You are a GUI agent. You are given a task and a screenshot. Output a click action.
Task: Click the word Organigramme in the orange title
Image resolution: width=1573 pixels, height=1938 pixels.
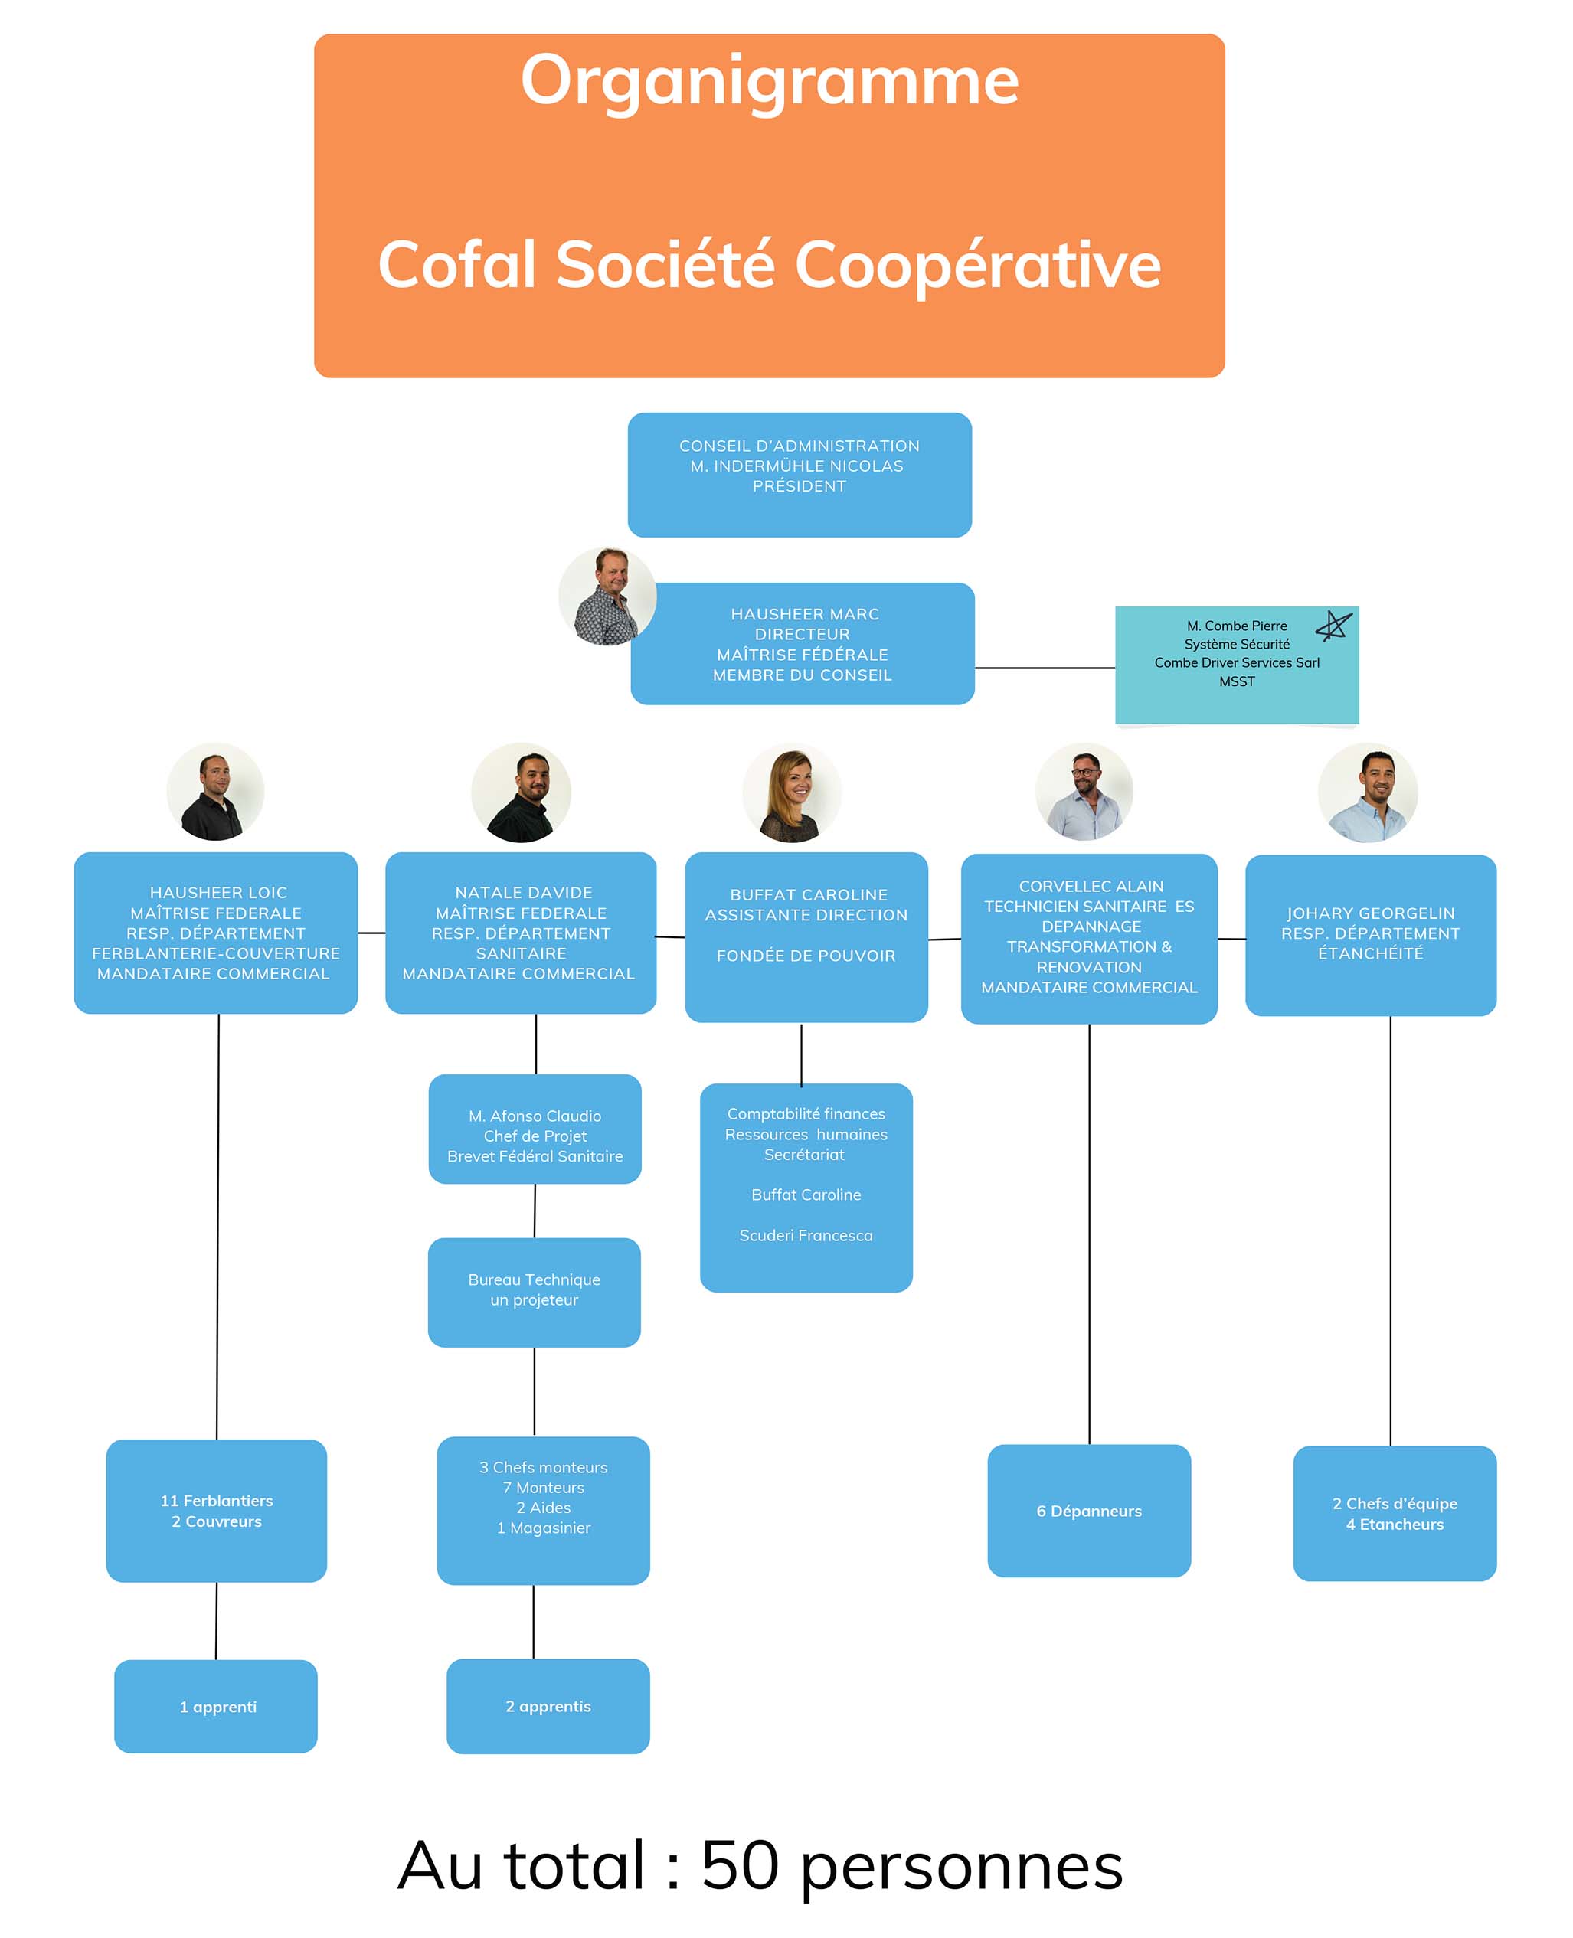pyautogui.click(x=770, y=81)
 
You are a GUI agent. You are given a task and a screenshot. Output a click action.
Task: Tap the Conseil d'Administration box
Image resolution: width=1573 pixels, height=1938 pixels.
pyautogui.click(x=800, y=474)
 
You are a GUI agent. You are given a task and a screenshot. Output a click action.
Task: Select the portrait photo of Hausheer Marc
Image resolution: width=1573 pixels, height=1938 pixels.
pyautogui.click(x=607, y=596)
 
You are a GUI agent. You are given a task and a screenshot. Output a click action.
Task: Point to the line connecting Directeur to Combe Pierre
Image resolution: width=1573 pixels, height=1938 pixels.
pyautogui.click(x=1044, y=668)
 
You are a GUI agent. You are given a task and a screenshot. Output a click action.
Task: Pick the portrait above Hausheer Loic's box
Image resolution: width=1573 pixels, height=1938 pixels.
pyautogui.click(x=216, y=792)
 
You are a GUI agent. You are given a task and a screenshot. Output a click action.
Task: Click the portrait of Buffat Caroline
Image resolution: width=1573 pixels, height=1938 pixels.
pyautogui.click(x=791, y=794)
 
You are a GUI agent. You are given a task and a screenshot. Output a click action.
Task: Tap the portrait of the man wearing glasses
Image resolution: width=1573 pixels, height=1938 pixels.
pyautogui.click(x=1084, y=792)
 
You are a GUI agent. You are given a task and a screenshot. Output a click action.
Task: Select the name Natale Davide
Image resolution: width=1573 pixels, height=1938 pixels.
pyautogui.click(x=523, y=893)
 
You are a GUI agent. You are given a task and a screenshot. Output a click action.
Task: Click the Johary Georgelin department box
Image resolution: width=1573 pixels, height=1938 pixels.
pyautogui.click(x=1370, y=934)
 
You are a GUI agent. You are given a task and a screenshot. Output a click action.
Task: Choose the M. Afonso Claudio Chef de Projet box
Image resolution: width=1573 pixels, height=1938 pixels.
pyautogui.click(x=535, y=1129)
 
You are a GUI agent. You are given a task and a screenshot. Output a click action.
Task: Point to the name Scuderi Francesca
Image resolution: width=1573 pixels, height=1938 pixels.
pyautogui.click(x=806, y=1235)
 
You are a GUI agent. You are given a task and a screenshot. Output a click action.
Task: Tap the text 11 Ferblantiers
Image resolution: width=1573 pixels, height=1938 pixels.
pyautogui.click(x=217, y=1500)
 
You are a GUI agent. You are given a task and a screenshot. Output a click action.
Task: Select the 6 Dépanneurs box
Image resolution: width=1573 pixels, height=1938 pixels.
pyautogui.click(x=1088, y=1510)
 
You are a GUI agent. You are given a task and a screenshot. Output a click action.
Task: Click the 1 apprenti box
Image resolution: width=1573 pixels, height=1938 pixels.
pyautogui.click(x=217, y=1706)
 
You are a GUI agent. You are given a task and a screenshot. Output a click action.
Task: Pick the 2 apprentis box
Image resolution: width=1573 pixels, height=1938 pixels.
pyautogui.click(x=548, y=1706)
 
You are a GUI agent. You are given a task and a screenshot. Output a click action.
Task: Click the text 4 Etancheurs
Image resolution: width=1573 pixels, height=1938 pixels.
pyautogui.click(x=1394, y=1524)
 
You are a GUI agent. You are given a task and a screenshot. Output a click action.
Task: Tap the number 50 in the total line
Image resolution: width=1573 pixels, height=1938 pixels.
pyautogui.click(x=739, y=1864)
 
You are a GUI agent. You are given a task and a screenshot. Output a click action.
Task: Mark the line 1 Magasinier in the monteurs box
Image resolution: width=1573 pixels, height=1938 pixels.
pyautogui.click(x=543, y=1528)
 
